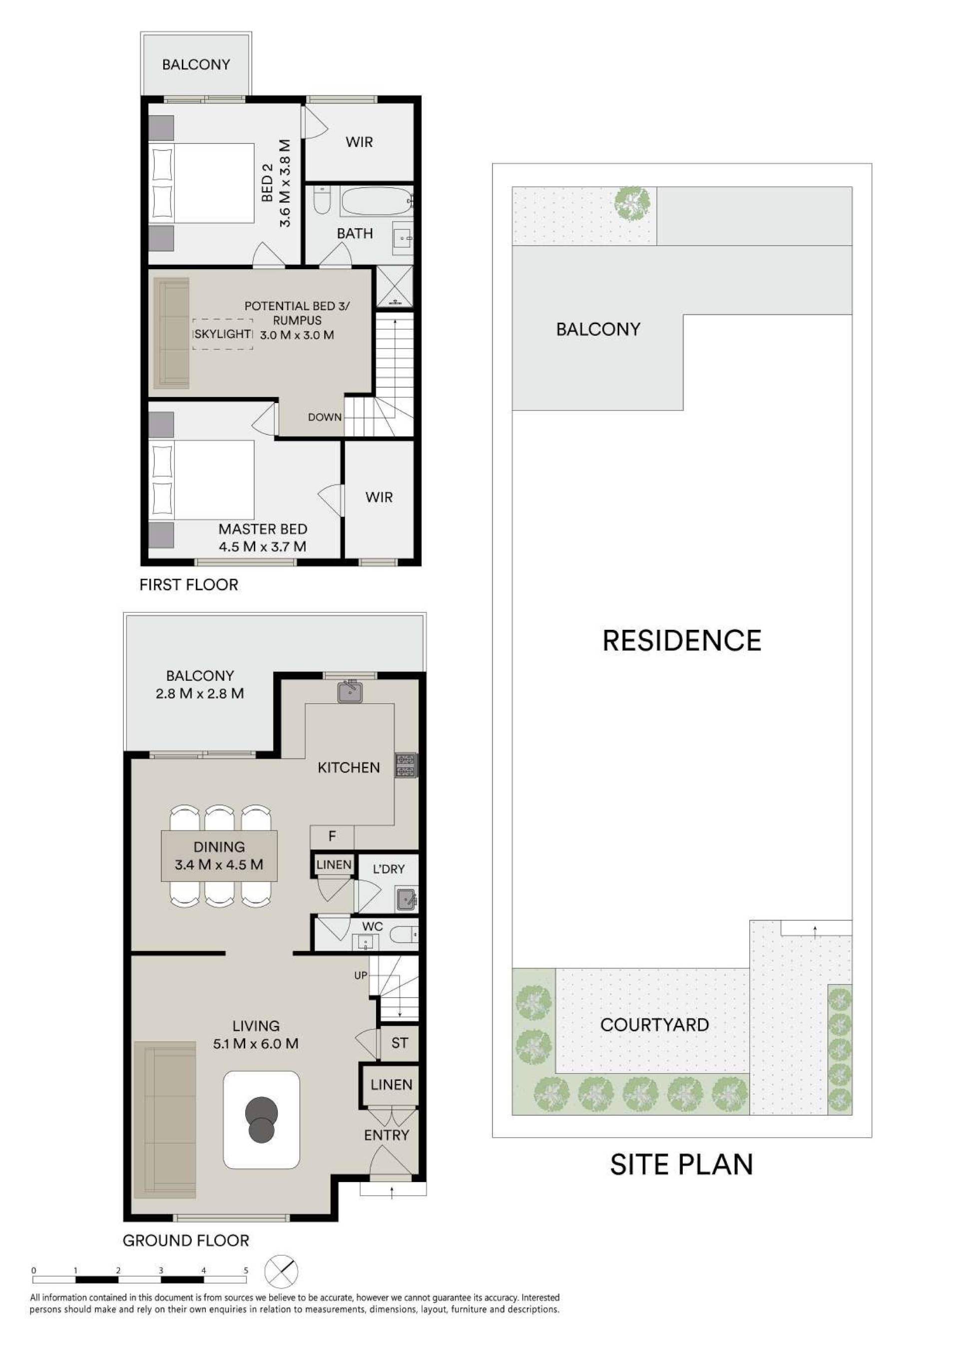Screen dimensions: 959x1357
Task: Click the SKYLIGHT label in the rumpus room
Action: click(x=222, y=334)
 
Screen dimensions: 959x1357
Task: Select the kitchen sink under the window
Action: click(x=350, y=692)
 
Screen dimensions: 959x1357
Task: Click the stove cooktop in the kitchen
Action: click(x=406, y=765)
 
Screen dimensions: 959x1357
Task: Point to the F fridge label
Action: click(x=332, y=836)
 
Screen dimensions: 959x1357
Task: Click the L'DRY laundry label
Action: click(x=389, y=869)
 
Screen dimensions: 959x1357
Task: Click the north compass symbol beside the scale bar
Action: click(x=281, y=1271)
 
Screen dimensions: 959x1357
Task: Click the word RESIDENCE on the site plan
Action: click(x=682, y=641)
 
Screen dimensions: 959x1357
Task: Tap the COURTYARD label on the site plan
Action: click(x=654, y=1025)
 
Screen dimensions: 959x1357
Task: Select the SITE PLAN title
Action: click(x=682, y=1164)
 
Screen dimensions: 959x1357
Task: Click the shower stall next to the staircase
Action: click(x=395, y=287)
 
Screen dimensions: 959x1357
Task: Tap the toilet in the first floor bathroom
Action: click(x=322, y=200)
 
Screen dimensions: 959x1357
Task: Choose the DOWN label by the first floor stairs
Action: click(x=325, y=417)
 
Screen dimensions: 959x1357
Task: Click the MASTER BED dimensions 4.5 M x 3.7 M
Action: click(x=263, y=547)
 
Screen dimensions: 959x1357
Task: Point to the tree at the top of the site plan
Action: click(x=635, y=204)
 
